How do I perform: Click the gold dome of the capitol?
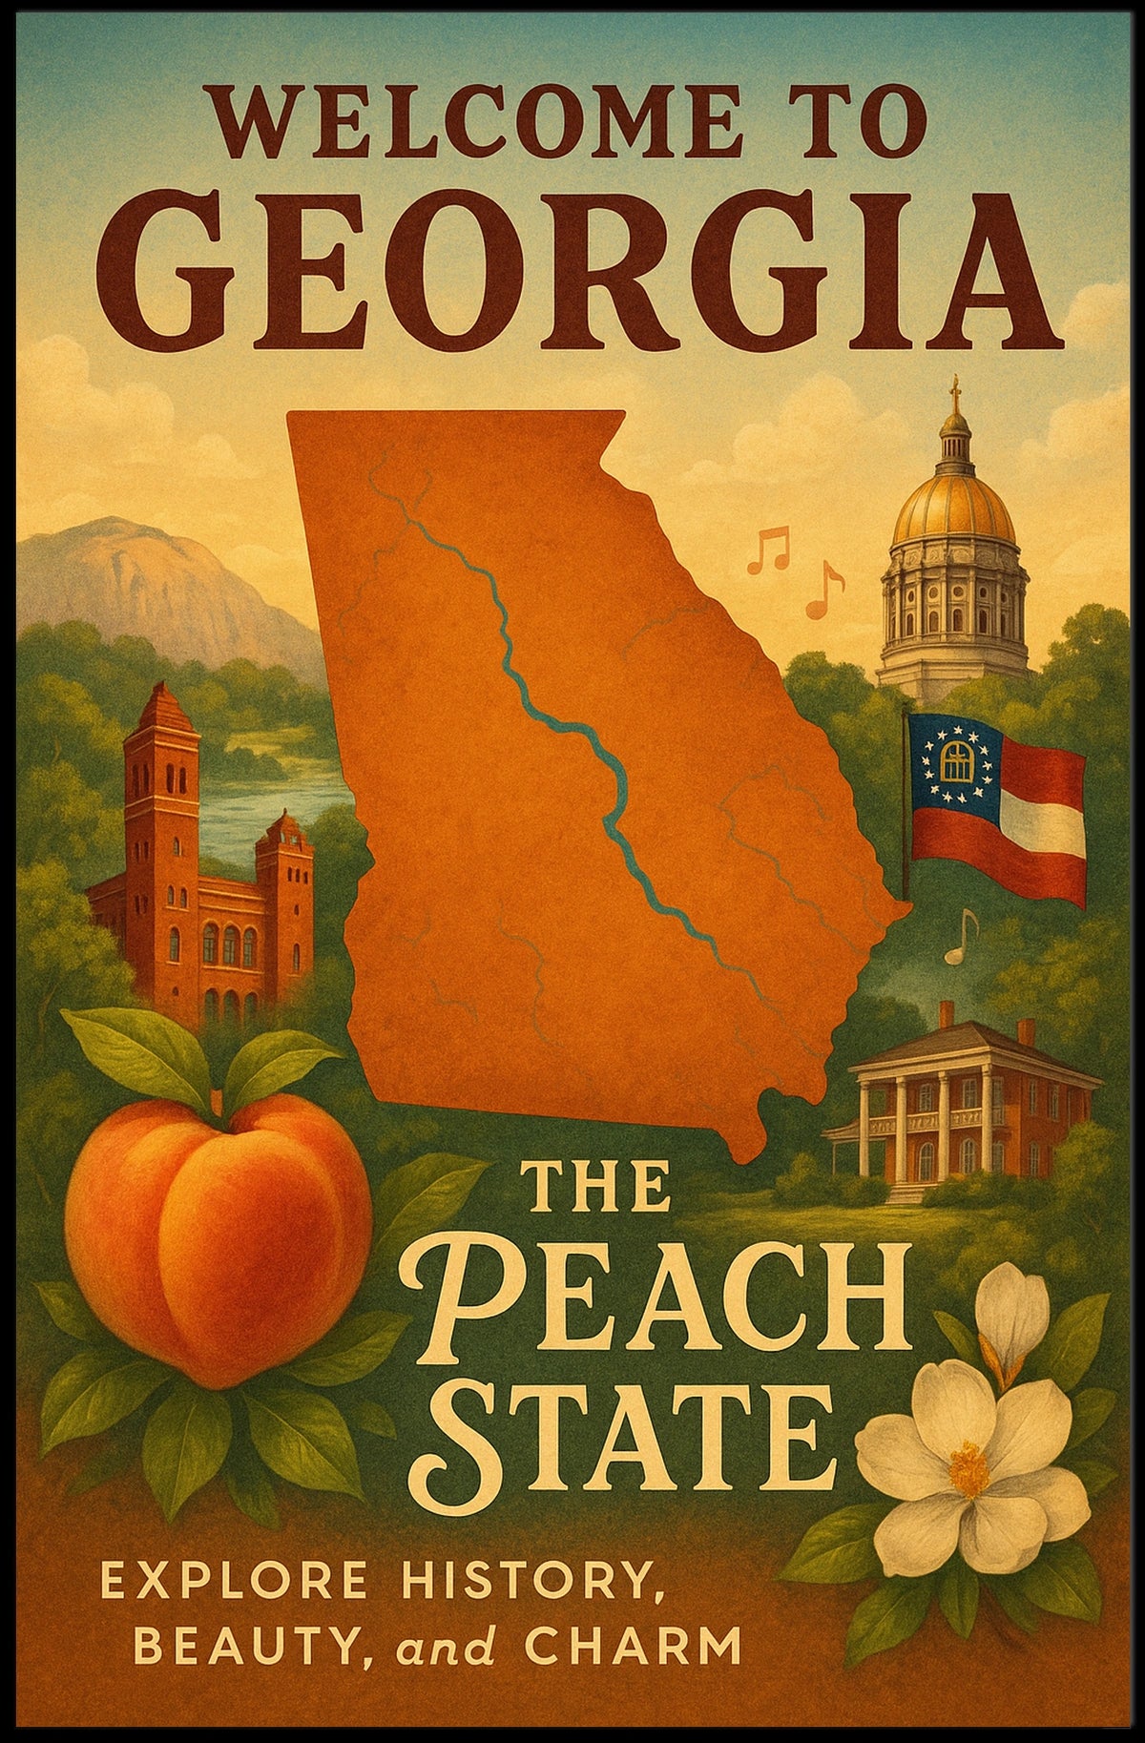click(953, 507)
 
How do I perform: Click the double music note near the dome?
click(768, 551)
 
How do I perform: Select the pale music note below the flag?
click(962, 936)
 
